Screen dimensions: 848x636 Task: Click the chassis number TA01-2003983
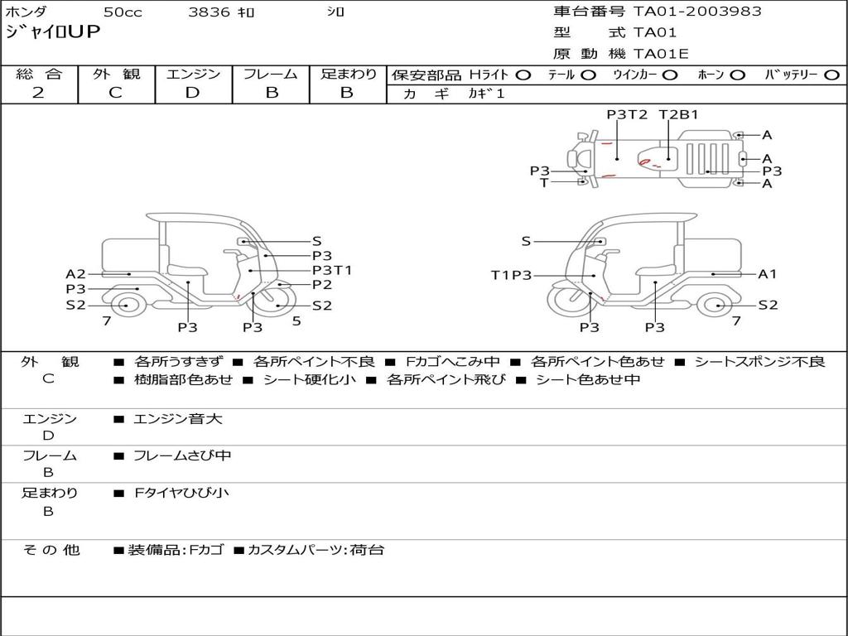(x=697, y=12)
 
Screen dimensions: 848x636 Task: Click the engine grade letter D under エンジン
(x=192, y=93)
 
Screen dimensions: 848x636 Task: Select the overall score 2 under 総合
(x=38, y=93)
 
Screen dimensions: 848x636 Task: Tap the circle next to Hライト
(x=523, y=75)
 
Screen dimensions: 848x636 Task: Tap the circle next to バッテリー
(x=831, y=75)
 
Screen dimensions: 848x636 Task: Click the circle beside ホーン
(x=738, y=75)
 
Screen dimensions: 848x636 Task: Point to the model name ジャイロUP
(x=53, y=32)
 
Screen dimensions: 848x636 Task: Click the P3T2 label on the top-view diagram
(x=627, y=114)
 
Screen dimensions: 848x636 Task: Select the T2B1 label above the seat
(x=679, y=114)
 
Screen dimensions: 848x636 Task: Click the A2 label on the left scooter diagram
(x=75, y=274)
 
